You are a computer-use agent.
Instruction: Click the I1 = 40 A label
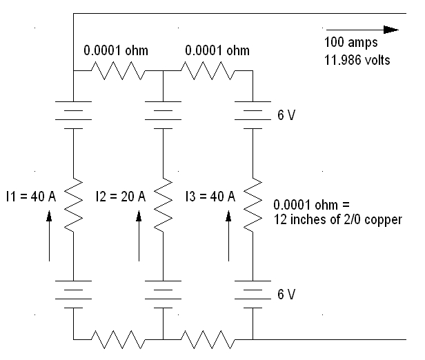click(31, 197)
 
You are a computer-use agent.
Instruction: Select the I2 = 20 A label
click(121, 197)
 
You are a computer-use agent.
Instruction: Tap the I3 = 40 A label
click(210, 197)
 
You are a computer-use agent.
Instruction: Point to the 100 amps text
click(350, 42)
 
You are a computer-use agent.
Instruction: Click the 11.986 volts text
click(357, 60)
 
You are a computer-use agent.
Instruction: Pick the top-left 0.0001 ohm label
click(116, 50)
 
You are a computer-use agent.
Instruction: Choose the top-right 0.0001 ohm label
click(217, 50)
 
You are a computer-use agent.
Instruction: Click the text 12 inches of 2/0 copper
click(338, 220)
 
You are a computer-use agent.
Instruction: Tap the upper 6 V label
click(286, 115)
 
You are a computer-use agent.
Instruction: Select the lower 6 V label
click(286, 294)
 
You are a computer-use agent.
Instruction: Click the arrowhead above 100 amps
click(391, 30)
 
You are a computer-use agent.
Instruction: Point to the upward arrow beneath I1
click(49, 236)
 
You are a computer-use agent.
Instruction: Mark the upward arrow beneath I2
click(139, 236)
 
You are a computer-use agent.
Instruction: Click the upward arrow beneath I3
click(228, 236)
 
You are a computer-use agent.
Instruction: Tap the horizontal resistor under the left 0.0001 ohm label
click(118, 71)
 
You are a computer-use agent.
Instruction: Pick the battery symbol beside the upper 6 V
click(253, 115)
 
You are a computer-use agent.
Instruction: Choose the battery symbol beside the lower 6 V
click(253, 294)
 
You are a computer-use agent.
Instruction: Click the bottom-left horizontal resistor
click(118, 339)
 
